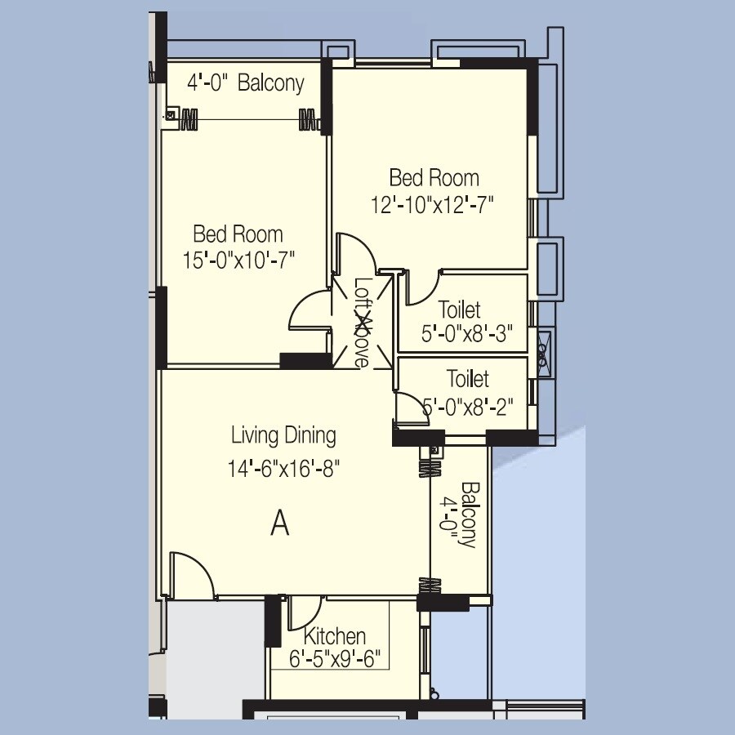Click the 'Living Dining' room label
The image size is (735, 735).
pos(283,435)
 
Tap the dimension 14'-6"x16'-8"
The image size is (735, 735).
pos(283,469)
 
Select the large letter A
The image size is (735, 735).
pos(280,523)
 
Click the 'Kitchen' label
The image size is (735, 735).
pos(335,636)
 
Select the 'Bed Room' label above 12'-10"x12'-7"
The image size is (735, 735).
pos(434,177)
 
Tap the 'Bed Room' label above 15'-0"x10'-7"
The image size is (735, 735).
pos(238,234)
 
